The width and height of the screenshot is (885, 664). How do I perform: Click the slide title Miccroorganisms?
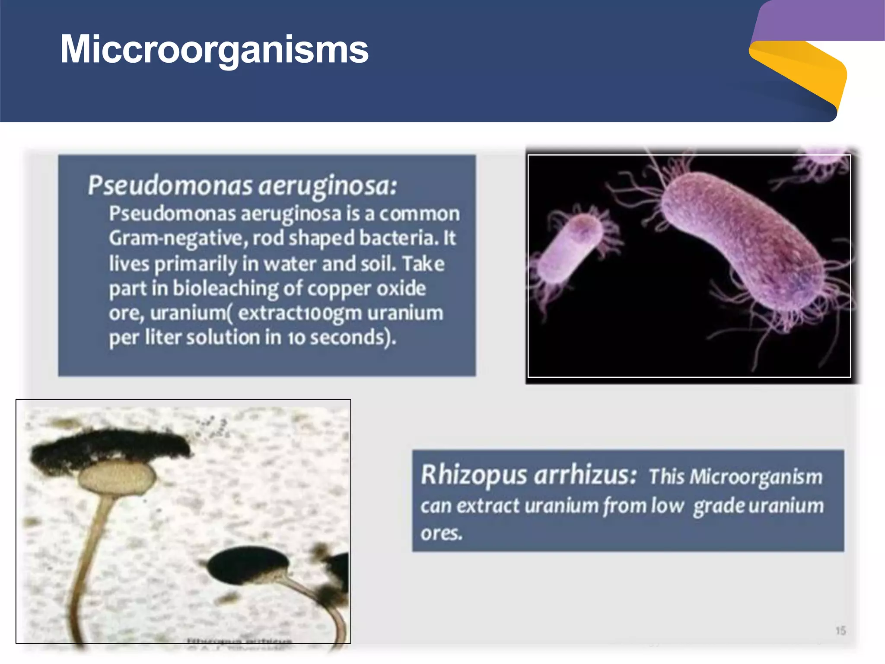tap(214, 49)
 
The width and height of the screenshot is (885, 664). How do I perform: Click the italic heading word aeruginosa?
tap(328, 186)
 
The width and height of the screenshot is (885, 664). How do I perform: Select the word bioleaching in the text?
tap(226, 288)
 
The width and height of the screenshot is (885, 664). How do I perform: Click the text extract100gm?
tap(299, 313)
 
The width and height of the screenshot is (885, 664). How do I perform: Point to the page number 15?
tap(840, 631)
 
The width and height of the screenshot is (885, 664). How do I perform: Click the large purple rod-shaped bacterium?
tap(743, 242)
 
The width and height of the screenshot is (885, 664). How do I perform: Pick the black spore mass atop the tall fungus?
tap(108, 445)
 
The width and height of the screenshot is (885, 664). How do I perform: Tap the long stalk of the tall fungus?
tap(89, 562)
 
